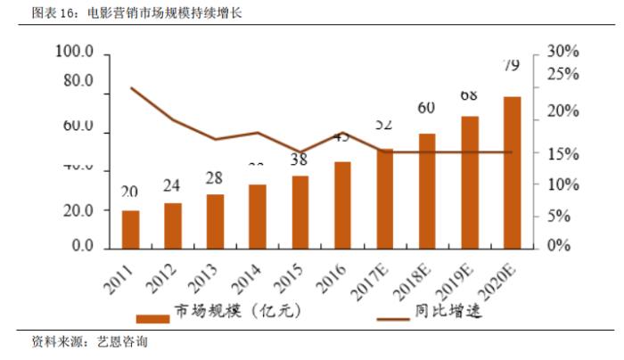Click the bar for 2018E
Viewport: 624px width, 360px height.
tap(427, 190)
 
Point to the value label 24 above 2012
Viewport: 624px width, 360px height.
tap(172, 186)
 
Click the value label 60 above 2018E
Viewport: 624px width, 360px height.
tap(426, 109)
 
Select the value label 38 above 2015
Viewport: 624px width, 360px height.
tap(300, 160)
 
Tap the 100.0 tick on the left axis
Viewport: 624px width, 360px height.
tap(74, 53)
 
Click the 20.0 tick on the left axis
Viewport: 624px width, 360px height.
tap(76, 210)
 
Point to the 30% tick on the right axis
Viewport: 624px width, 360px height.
tap(563, 52)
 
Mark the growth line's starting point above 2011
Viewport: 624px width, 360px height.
tap(131, 88)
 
